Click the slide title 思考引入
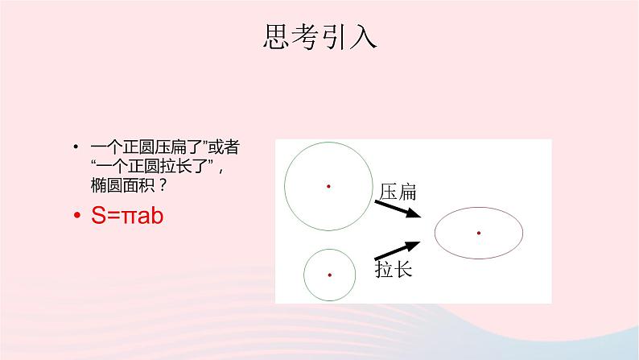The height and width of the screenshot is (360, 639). (x=319, y=36)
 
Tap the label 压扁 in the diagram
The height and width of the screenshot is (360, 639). (x=396, y=192)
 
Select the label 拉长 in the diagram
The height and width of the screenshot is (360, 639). (x=394, y=269)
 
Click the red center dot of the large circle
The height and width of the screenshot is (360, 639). (x=328, y=186)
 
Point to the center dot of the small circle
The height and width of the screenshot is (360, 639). (x=330, y=275)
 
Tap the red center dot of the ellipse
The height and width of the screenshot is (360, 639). (x=478, y=233)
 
